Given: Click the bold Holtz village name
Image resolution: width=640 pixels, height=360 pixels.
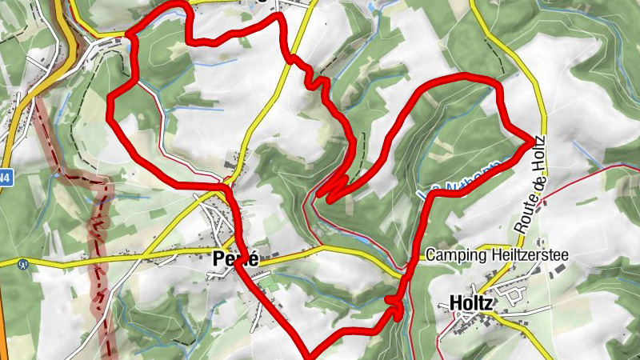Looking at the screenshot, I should tap(470, 303).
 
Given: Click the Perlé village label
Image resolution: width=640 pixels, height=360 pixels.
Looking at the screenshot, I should tap(235, 259).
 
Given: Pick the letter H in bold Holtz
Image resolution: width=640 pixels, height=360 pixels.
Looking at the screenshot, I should tap(455, 303).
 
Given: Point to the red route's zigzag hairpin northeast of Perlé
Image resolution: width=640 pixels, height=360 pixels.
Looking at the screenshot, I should tap(330, 189).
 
